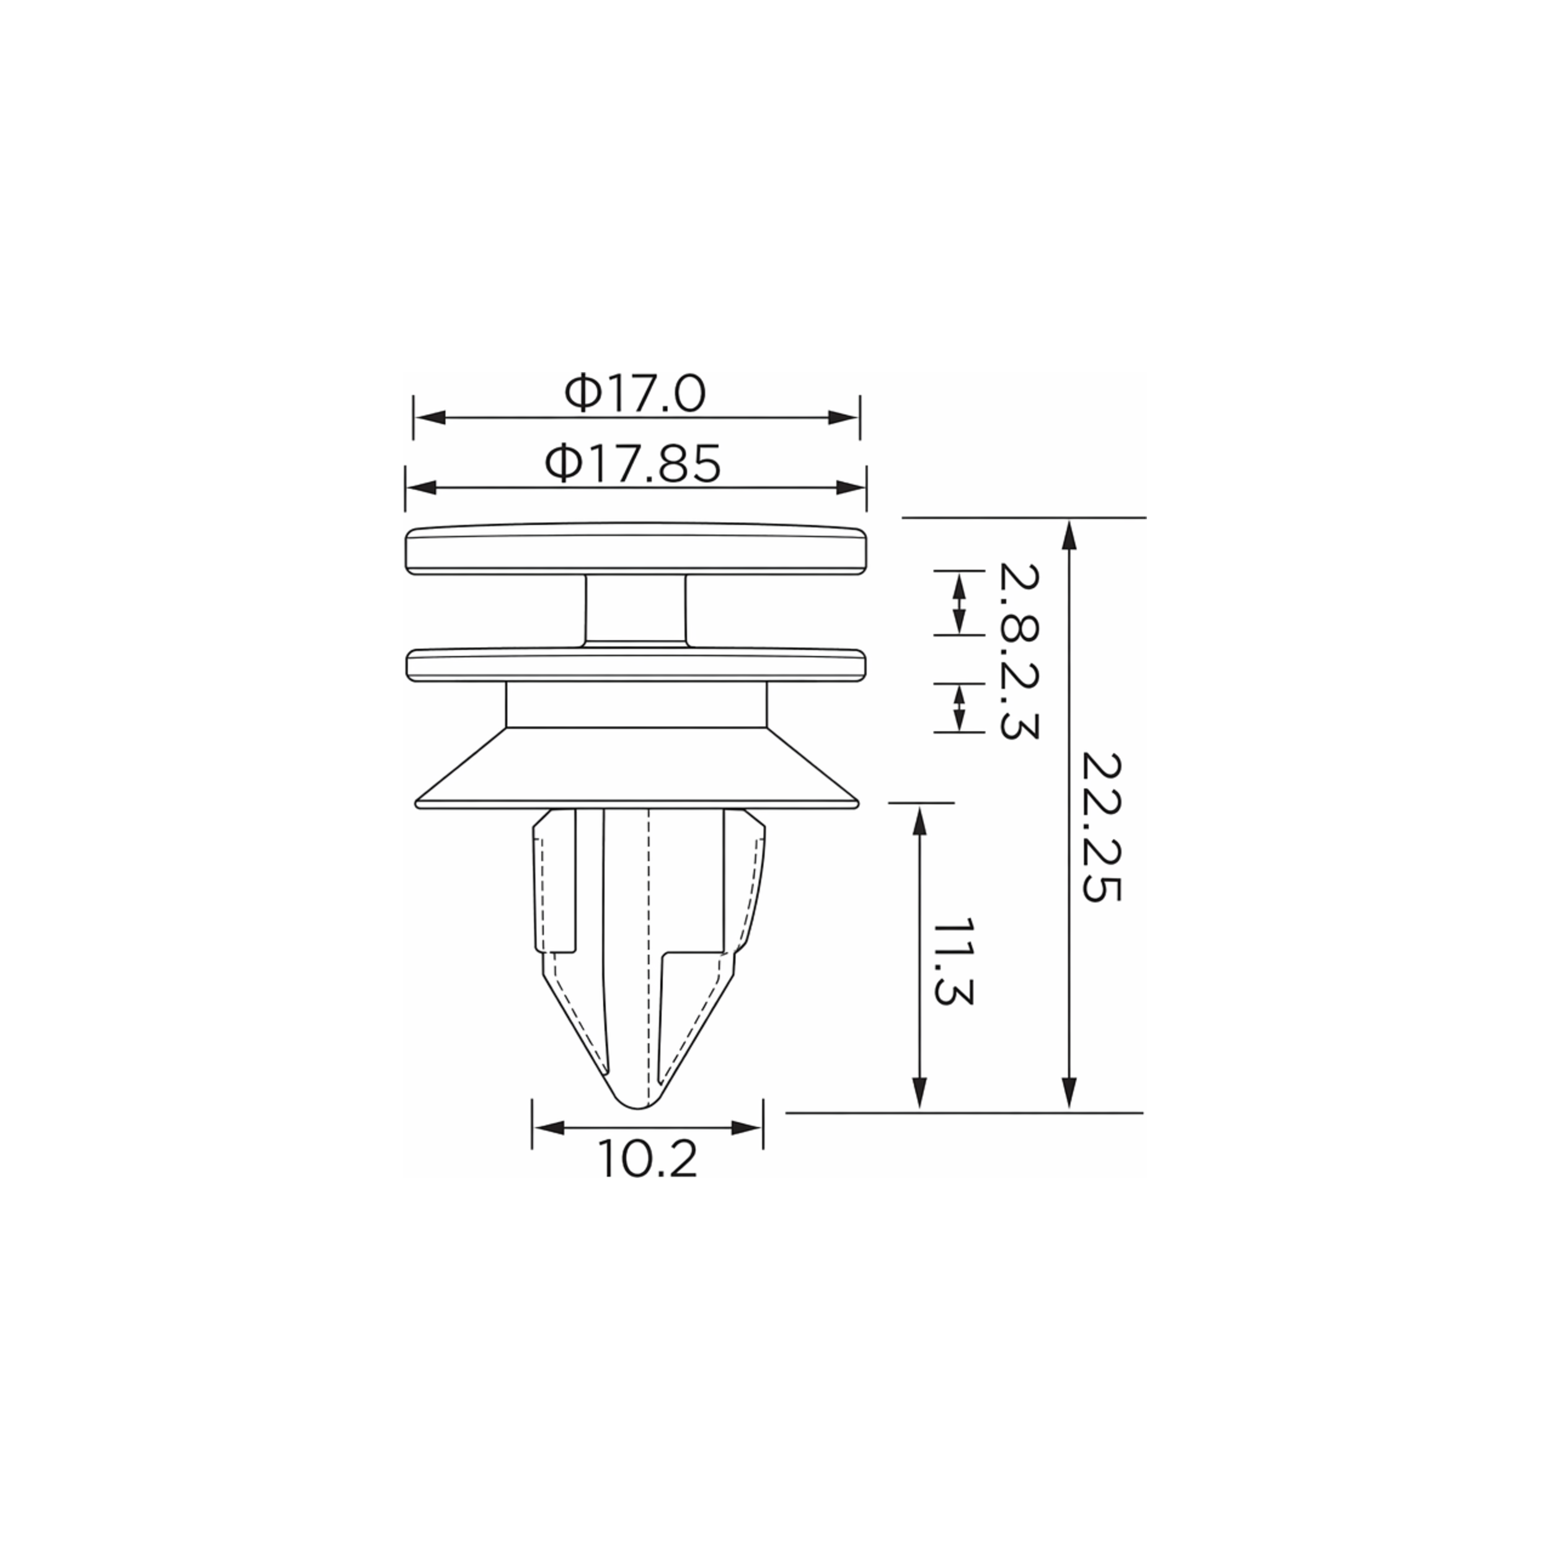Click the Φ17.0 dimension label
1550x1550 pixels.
(635, 393)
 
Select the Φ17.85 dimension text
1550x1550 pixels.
(633, 464)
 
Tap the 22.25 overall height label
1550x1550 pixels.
(1100, 827)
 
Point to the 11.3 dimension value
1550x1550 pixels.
(953, 962)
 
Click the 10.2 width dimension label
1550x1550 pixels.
(647, 1159)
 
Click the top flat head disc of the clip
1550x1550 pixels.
(636, 549)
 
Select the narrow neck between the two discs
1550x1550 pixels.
(635, 609)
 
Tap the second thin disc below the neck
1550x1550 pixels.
(636, 665)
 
